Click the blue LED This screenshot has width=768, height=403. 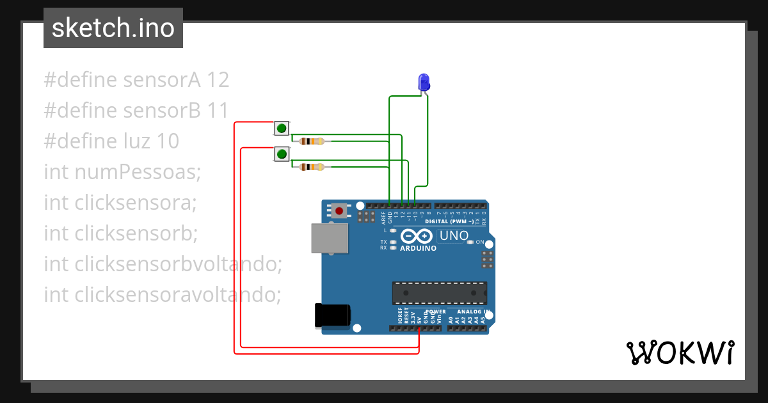tap(424, 82)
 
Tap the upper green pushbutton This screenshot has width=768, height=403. tap(282, 128)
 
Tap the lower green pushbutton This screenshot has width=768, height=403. tap(282, 154)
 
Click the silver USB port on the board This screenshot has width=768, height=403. tap(330, 238)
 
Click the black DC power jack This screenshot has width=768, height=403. tap(333, 315)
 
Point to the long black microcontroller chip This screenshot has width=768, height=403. tap(439, 292)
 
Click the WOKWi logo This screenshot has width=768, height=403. tap(680, 352)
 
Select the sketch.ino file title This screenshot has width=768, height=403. tap(113, 28)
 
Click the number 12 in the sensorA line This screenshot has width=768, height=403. tap(218, 80)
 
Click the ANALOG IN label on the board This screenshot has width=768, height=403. tap(473, 312)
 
